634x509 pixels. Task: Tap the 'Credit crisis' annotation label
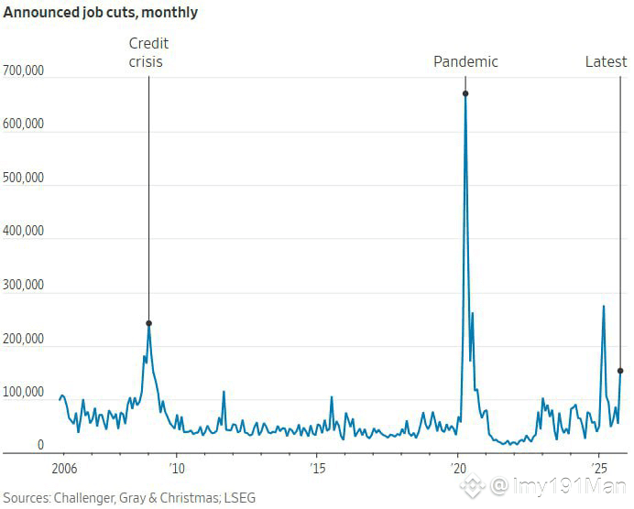(148, 53)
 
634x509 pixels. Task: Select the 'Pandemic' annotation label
(465, 62)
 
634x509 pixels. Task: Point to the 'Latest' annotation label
(607, 62)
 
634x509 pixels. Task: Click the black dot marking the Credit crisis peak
(148, 323)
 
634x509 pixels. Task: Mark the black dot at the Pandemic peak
(465, 93)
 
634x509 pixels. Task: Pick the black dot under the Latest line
(620, 371)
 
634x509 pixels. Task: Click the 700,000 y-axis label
(24, 70)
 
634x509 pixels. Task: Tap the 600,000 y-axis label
(24, 125)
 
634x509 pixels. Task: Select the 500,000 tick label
(24, 178)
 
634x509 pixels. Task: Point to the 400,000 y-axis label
(24, 232)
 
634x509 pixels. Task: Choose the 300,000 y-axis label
(24, 285)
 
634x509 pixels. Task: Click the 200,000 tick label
(24, 339)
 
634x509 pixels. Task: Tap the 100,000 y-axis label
(24, 392)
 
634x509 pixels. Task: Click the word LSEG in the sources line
(240, 497)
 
